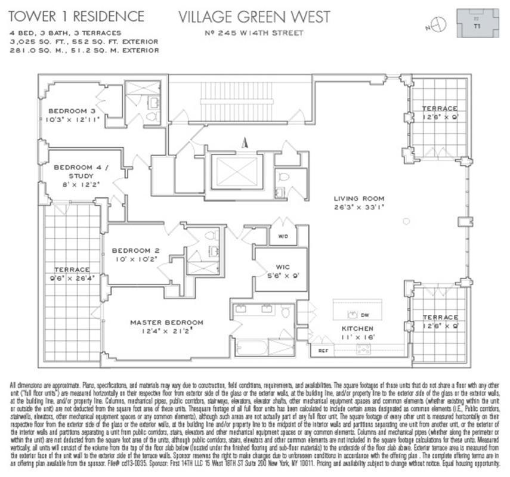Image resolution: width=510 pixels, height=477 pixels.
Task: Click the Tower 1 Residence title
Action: pos(76,16)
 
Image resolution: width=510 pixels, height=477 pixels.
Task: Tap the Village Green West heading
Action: pos(254,16)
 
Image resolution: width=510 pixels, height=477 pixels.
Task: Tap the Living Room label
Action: pos(358,199)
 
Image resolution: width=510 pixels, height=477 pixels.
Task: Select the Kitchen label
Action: pos(357,329)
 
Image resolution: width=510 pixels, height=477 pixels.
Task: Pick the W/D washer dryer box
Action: pos(282,235)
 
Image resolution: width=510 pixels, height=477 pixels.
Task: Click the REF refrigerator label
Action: pos(322,351)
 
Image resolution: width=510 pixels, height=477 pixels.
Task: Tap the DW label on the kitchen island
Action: pos(365,314)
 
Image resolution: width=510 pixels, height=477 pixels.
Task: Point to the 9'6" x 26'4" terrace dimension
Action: pos(72,277)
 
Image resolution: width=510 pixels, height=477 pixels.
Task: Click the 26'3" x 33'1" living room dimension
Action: pos(358,207)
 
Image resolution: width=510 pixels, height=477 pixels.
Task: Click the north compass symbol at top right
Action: pos(440,24)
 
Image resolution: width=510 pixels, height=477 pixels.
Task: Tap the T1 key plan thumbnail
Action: pos(477,23)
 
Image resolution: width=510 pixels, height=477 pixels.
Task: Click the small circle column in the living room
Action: pos(406,221)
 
